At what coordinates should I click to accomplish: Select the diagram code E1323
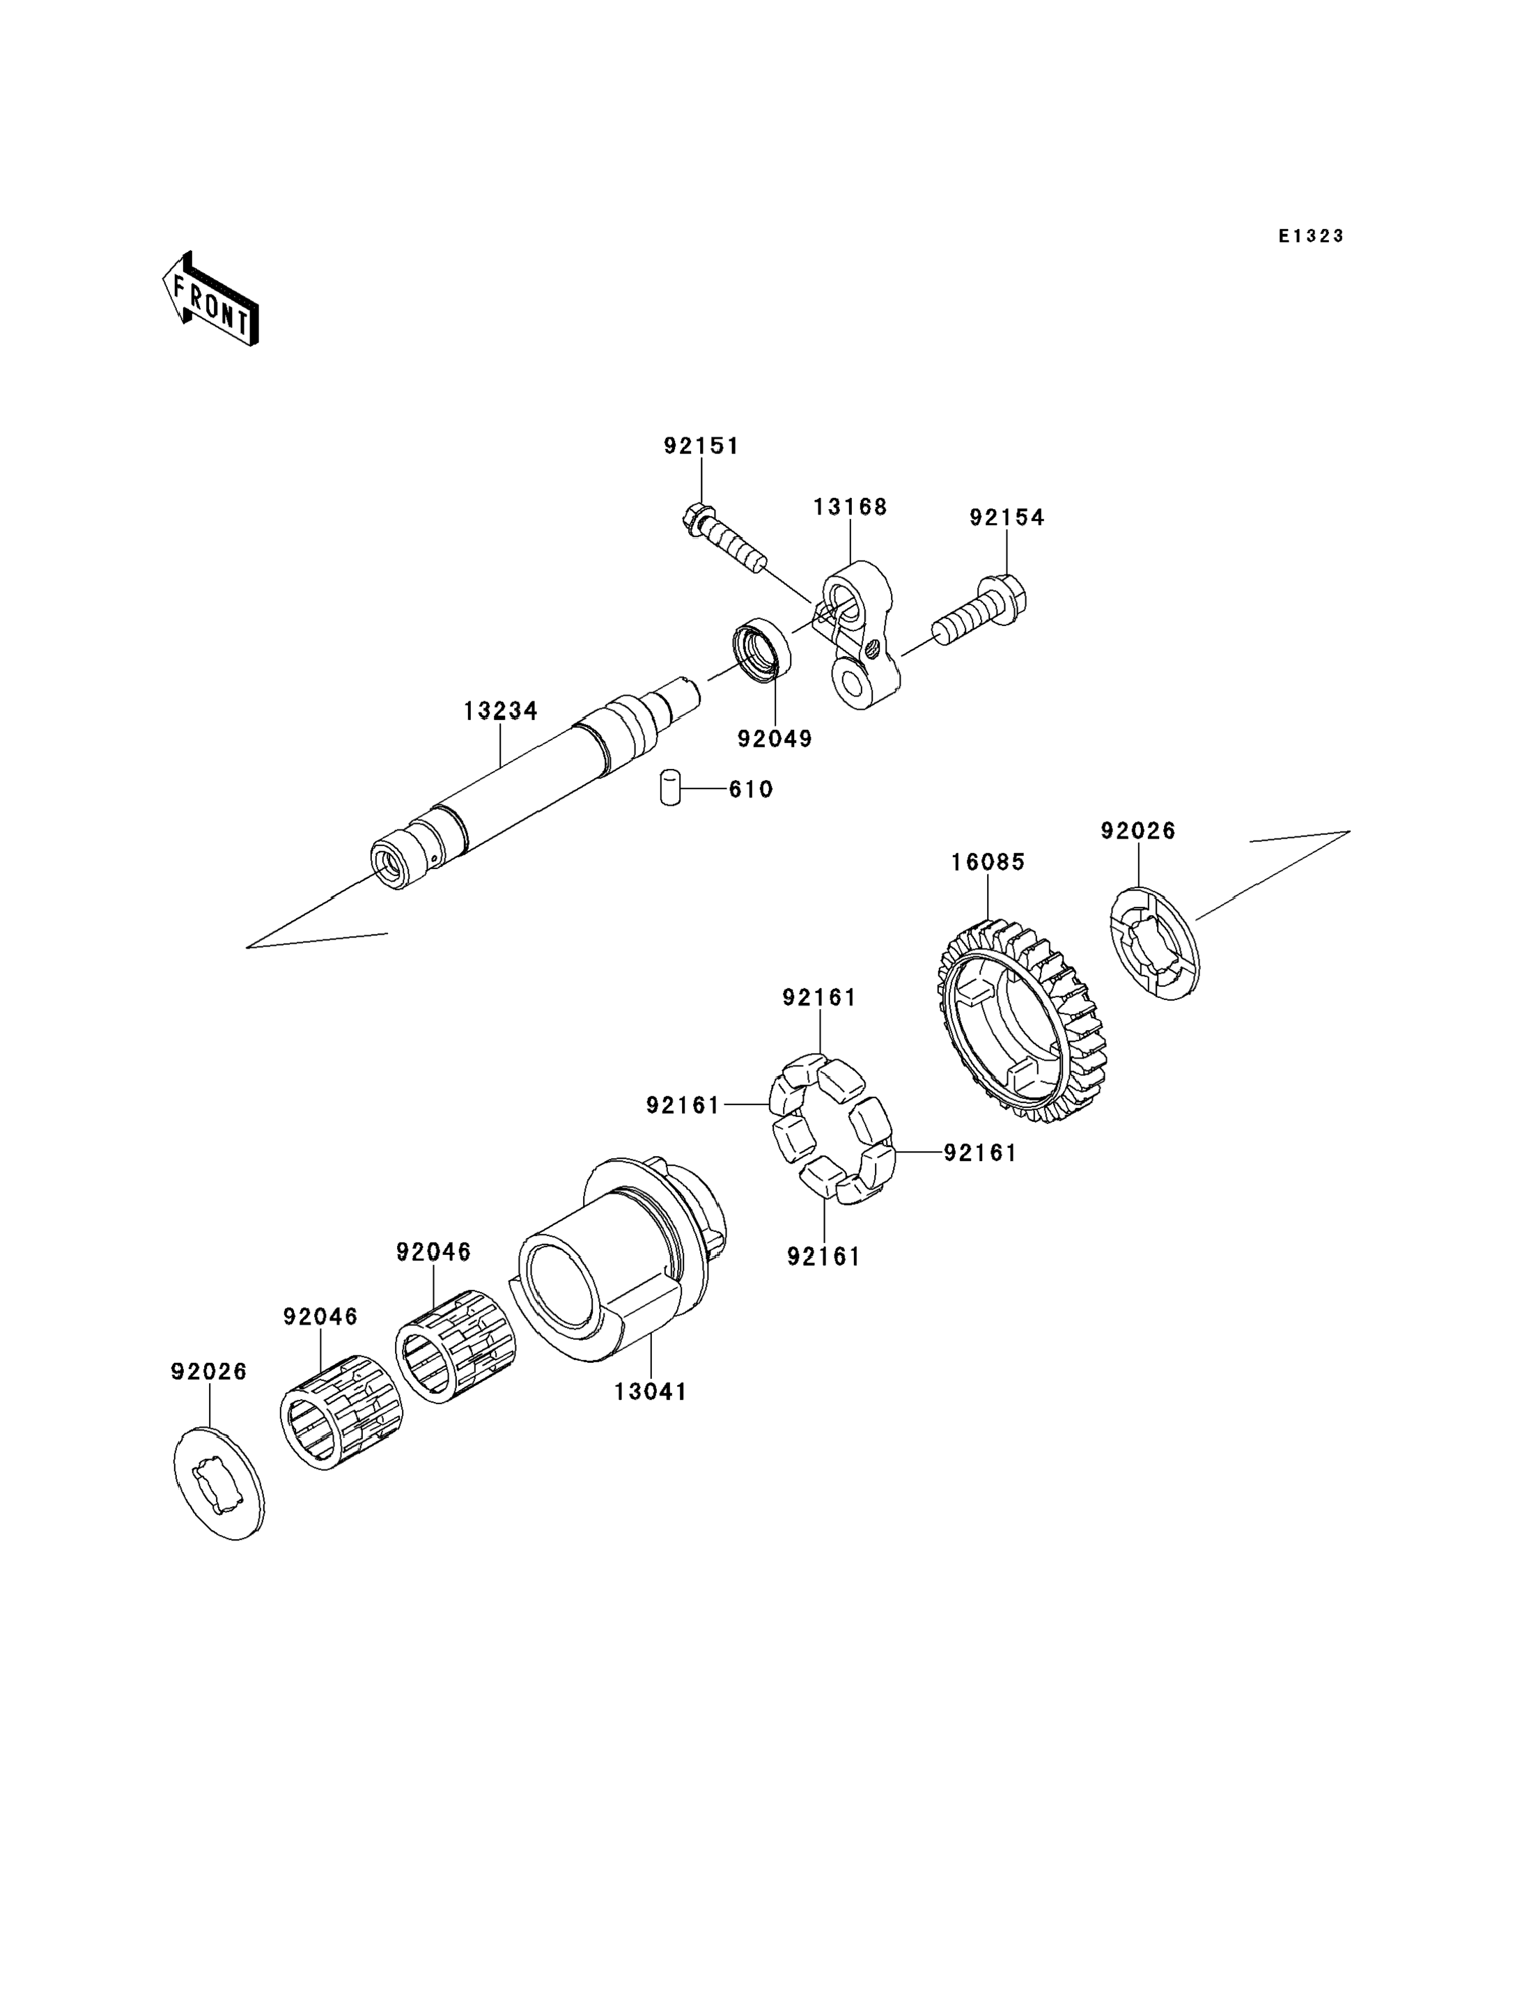click(x=1311, y=236)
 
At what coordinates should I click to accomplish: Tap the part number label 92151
click(x=701, y=446)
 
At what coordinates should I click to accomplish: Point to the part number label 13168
click(x=850, y=507)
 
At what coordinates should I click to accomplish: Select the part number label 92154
click(x=1007, y=518)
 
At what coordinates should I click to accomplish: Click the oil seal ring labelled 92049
click(x=761, y=650)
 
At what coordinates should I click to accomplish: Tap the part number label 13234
click(x=501, y=710)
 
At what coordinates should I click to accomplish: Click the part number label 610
click(x=751, y=789)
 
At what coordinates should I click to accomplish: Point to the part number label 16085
click(x=988, y=862)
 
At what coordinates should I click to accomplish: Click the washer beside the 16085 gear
click(x=1153, y=943)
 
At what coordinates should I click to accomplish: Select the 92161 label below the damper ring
click(x=824, y=1258)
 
